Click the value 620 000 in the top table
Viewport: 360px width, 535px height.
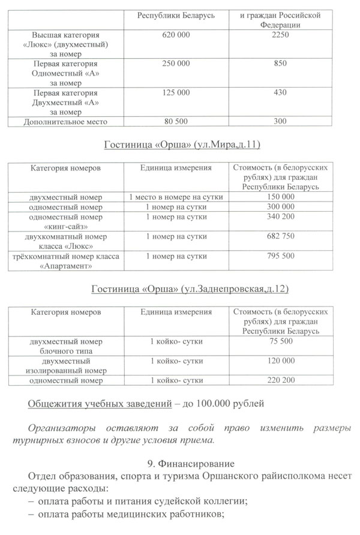[176, 36]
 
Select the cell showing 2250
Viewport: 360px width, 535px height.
[280, 36]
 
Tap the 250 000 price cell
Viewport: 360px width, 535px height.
[176, 64]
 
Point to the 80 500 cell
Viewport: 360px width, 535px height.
[176, 122]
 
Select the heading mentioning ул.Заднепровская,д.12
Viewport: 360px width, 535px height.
[190, 290]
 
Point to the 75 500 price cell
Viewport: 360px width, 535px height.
[280, 341]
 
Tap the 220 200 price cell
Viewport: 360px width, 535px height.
[280, 380]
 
